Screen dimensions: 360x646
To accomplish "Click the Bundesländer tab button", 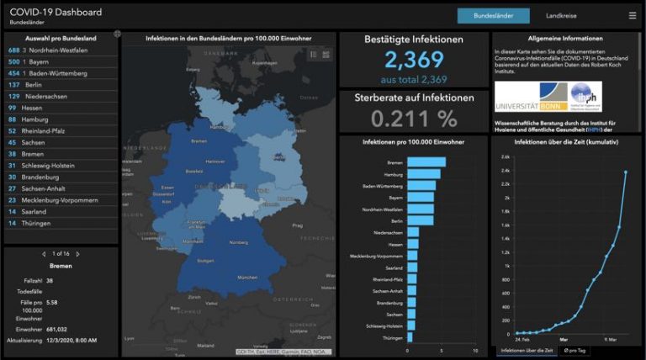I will point(493,15).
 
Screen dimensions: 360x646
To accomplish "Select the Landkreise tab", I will point(561,15).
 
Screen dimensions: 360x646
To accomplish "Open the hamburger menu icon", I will point(632,15).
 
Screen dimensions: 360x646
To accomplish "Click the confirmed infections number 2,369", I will point(414,60).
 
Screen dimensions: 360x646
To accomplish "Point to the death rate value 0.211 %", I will point(414,118).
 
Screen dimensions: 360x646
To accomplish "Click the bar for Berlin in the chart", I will point(420,220).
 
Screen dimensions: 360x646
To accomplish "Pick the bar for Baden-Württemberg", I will point(421,186).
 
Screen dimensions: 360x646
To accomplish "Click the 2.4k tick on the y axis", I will point(505,170).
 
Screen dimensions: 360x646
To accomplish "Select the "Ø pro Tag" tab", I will point(576,350).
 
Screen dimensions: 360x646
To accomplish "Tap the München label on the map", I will point(246,277).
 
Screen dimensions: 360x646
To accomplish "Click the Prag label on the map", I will point(297,225).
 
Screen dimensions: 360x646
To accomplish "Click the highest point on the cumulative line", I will point(626,172).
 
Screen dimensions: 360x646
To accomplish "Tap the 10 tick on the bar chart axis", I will point(475,351).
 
